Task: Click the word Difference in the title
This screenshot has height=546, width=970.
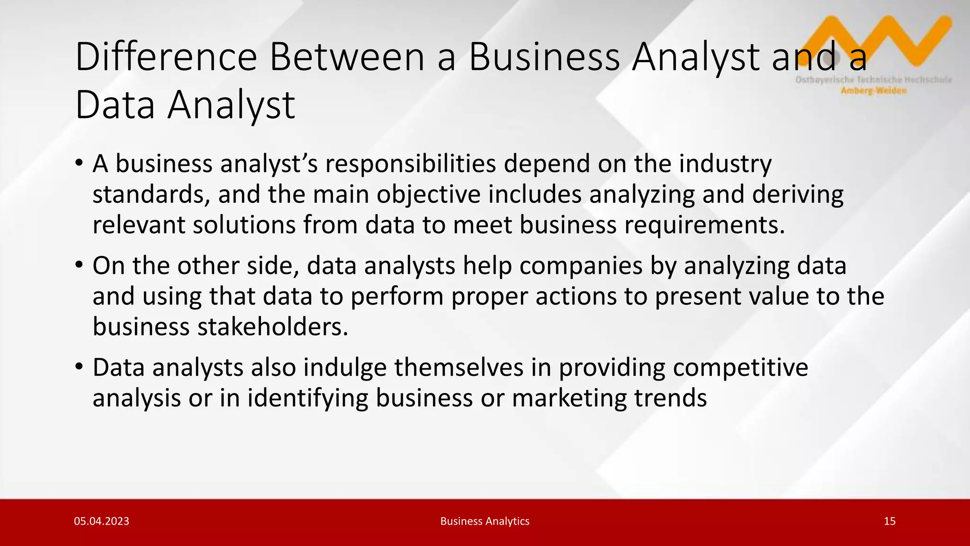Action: [166, 57]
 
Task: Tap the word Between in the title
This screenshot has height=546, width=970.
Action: [347, 57]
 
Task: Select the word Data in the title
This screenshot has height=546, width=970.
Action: [115, 105]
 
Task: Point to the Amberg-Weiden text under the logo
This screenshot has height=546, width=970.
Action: [874, 91]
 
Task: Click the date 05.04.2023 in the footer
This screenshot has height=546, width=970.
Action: [101, 521]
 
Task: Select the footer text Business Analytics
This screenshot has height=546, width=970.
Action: [485, 521]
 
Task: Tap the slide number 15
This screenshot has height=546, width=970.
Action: [889, 521]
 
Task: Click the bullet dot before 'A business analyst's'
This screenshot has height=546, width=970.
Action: [79, 163]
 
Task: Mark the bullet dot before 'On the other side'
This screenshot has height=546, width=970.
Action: [79, 265]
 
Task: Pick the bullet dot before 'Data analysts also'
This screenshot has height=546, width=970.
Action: [79, 367]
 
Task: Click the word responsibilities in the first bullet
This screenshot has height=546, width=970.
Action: [410, 164]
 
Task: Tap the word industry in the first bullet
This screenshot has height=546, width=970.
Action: [725, 164]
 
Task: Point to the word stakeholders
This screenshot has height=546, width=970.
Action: [272, 327]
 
